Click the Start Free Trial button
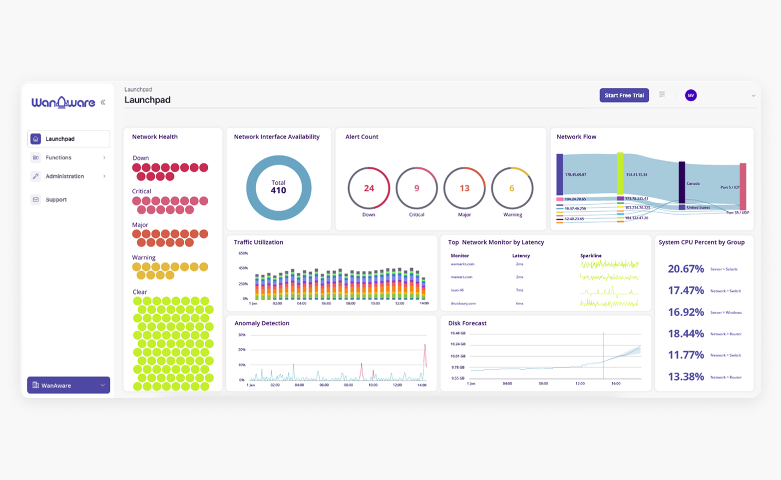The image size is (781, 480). pos(624,95)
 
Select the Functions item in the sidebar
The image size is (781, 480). pos(58,157)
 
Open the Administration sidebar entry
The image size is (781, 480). pos(64,176)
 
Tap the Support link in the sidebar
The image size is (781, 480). pos(56,199)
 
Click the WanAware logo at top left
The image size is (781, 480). pos(63,102)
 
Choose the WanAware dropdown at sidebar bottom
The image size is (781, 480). pos(68,385)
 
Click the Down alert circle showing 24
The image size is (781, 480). pos(369,188)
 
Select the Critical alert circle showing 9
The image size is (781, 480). pos(416,188)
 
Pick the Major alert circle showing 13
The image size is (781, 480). pos(464,188)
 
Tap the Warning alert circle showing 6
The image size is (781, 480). pos(512,188)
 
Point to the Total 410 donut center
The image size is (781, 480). pos(279,187)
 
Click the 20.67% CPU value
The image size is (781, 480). pos(686,269)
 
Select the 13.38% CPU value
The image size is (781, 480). pos(686,377)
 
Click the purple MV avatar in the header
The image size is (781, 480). pos(691,95)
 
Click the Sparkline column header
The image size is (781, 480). pos(591,255)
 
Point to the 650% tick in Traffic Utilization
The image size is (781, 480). pos(243,253)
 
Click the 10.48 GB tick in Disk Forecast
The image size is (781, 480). pos(457,333)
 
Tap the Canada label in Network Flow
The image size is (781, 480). pos(693,183)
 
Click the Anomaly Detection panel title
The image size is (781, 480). pos(262,323)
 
